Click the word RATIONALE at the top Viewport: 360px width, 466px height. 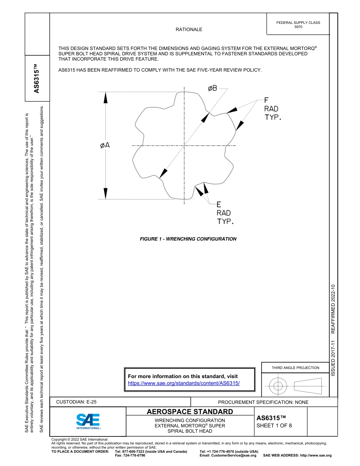pos(189,30)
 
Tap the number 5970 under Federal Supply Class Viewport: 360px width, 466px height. pos(298,27)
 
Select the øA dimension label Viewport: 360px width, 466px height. pos(105,145)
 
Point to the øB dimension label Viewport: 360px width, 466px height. pos(212,88)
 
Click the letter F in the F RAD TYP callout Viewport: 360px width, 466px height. pos(266,100)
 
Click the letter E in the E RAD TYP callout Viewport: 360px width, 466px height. pos(219,205)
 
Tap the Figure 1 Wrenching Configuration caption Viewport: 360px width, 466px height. pos(188,239)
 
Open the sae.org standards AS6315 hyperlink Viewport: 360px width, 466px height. pos(184,383)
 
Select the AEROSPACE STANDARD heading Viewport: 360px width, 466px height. pos(190,411)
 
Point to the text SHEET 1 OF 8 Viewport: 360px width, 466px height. pos(274,425)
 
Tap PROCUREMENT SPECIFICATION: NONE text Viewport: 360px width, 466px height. pos(263,402)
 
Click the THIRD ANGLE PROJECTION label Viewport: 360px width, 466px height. pos(295,367)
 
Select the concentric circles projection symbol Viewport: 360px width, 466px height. pos(278,386)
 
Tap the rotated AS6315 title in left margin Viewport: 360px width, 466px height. pos(36,79)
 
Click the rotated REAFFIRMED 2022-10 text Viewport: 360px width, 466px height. pos(333,308)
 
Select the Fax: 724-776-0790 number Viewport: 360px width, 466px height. pos(130,455)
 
